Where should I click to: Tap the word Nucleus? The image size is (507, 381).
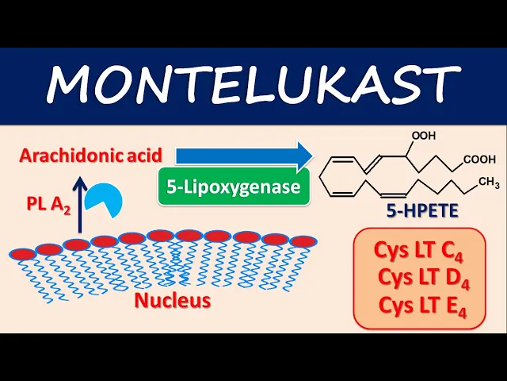(x=173, y=300)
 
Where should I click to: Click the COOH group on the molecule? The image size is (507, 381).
(x=480, y=160)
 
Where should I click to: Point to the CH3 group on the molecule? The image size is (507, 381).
(x=488, y=183)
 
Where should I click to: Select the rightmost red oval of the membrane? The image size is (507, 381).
(x=303, y=241)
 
